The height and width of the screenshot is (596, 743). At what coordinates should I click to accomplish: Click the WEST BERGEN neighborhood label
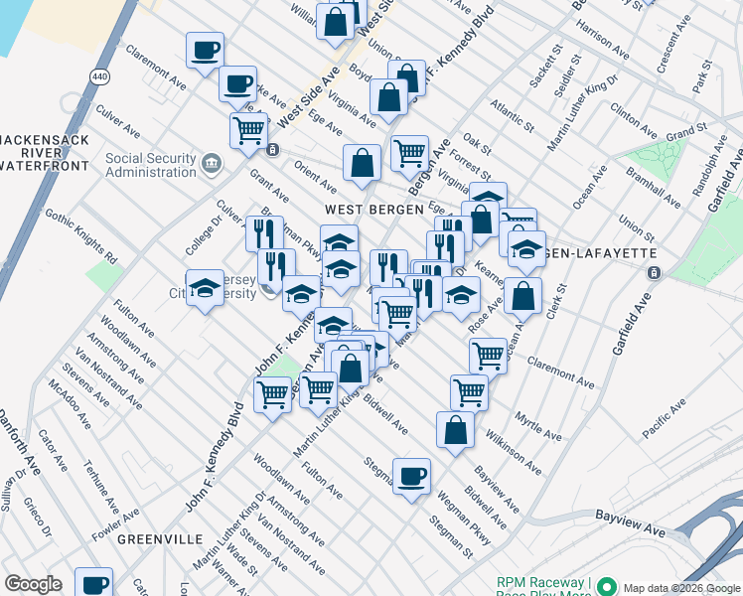pos(364,210)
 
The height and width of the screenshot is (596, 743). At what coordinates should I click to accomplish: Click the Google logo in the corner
pos(33,584)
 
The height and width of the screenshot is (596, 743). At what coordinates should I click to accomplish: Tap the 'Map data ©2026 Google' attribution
pos(681,587)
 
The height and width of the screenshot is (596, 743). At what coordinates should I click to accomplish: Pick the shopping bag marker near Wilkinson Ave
pos(455,429)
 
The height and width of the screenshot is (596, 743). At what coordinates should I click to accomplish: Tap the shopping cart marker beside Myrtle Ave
pos(469,390)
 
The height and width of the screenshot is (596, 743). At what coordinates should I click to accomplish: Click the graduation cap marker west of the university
pos(205,288)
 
